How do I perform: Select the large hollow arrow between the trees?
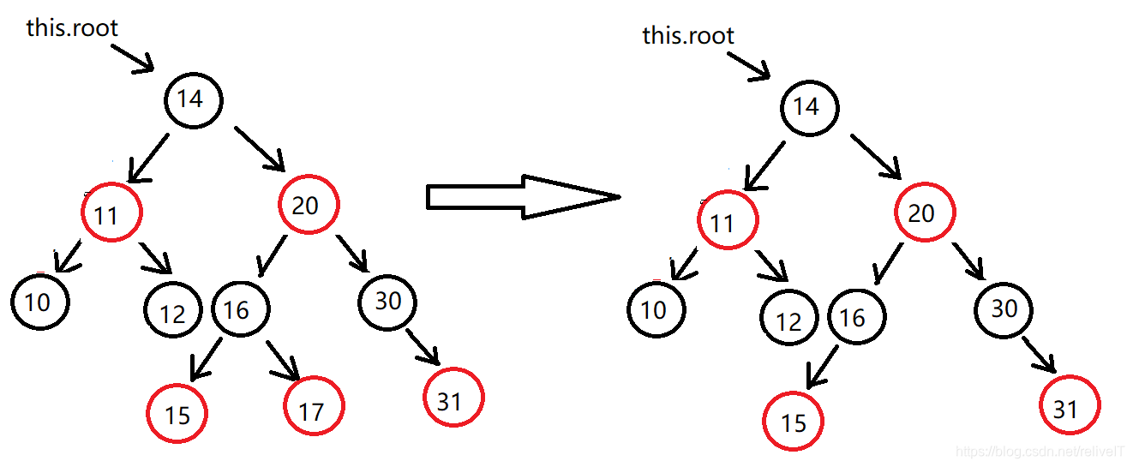[x=523, y=197]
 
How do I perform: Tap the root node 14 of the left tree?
[x=193, y=99]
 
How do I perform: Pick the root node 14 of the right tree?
[x=809, y=108]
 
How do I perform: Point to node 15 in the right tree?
[x=793, y=421]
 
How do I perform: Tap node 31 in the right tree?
[x=1069, y=407]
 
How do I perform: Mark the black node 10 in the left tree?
[x=39, y=302]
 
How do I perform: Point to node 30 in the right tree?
[x=1004, y=308]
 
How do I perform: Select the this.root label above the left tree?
[x=72, y=27]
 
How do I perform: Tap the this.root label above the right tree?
[x=688, y=35]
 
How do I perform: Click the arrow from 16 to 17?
[x=283, y=360]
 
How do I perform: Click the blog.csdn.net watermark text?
[x=1040, y=451]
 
